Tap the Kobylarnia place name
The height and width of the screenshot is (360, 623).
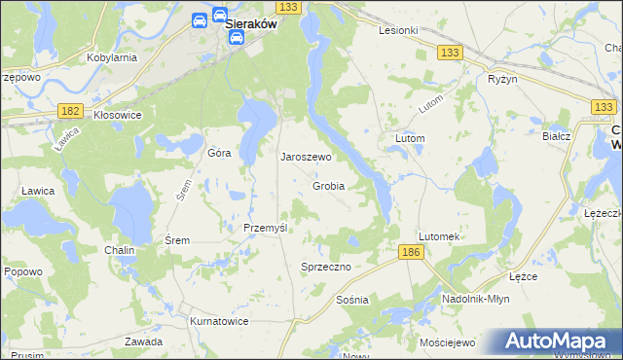click(x=111, y=57)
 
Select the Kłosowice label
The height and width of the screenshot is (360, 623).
click(x=118, y=115)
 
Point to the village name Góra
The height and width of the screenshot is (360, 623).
click(x=218, y=154)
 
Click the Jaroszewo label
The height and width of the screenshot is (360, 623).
click(x=307, y=156)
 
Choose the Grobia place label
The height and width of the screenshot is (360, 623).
click(x=329, y=186)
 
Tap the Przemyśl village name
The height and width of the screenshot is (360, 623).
click(x=265, y=228)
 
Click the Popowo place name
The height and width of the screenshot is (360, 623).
click(x=23, y=271)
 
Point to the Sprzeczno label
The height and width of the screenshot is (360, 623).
click(x=325, y=267)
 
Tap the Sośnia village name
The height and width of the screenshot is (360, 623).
click(x=351, y=300)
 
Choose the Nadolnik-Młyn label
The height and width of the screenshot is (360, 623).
click(x=476, y=300)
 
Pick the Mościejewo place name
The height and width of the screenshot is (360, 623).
click(x=446, y=343)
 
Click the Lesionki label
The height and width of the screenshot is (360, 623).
click(x=398, y=30)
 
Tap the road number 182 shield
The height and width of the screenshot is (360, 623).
click(x=68, y=112)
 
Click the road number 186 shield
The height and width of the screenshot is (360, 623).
click(x=411, y=252)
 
